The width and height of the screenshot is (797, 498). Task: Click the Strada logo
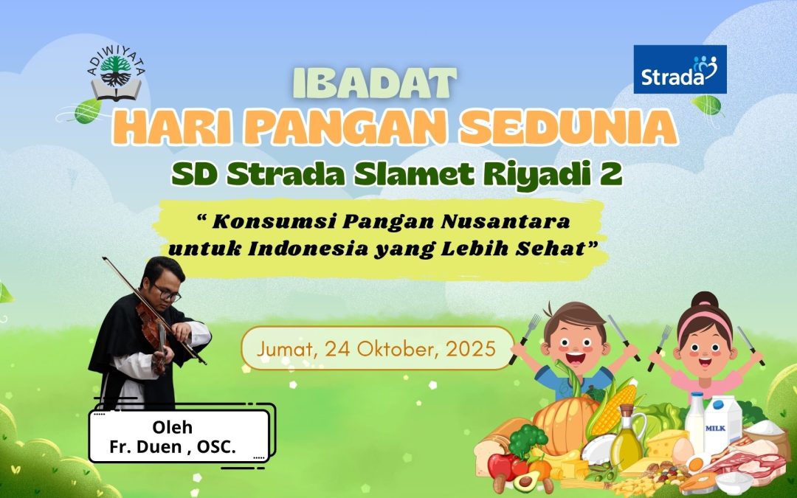(680, 69)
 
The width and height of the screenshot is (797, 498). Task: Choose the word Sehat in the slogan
(556, 248)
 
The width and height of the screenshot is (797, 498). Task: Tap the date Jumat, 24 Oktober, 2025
(376, 347)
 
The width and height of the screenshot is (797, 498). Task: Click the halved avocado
(525, 481)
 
